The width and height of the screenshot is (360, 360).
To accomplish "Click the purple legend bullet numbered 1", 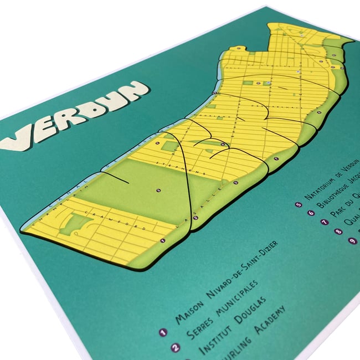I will coord(163,333).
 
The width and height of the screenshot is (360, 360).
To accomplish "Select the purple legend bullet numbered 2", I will coord(176,348).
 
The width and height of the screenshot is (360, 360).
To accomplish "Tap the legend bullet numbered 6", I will coord(311,213).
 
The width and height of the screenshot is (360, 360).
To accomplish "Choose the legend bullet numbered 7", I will coord(325,222).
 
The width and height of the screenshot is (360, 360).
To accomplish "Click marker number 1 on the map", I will coord(162,240).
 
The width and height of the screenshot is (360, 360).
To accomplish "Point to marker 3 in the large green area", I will coord(158,190).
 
